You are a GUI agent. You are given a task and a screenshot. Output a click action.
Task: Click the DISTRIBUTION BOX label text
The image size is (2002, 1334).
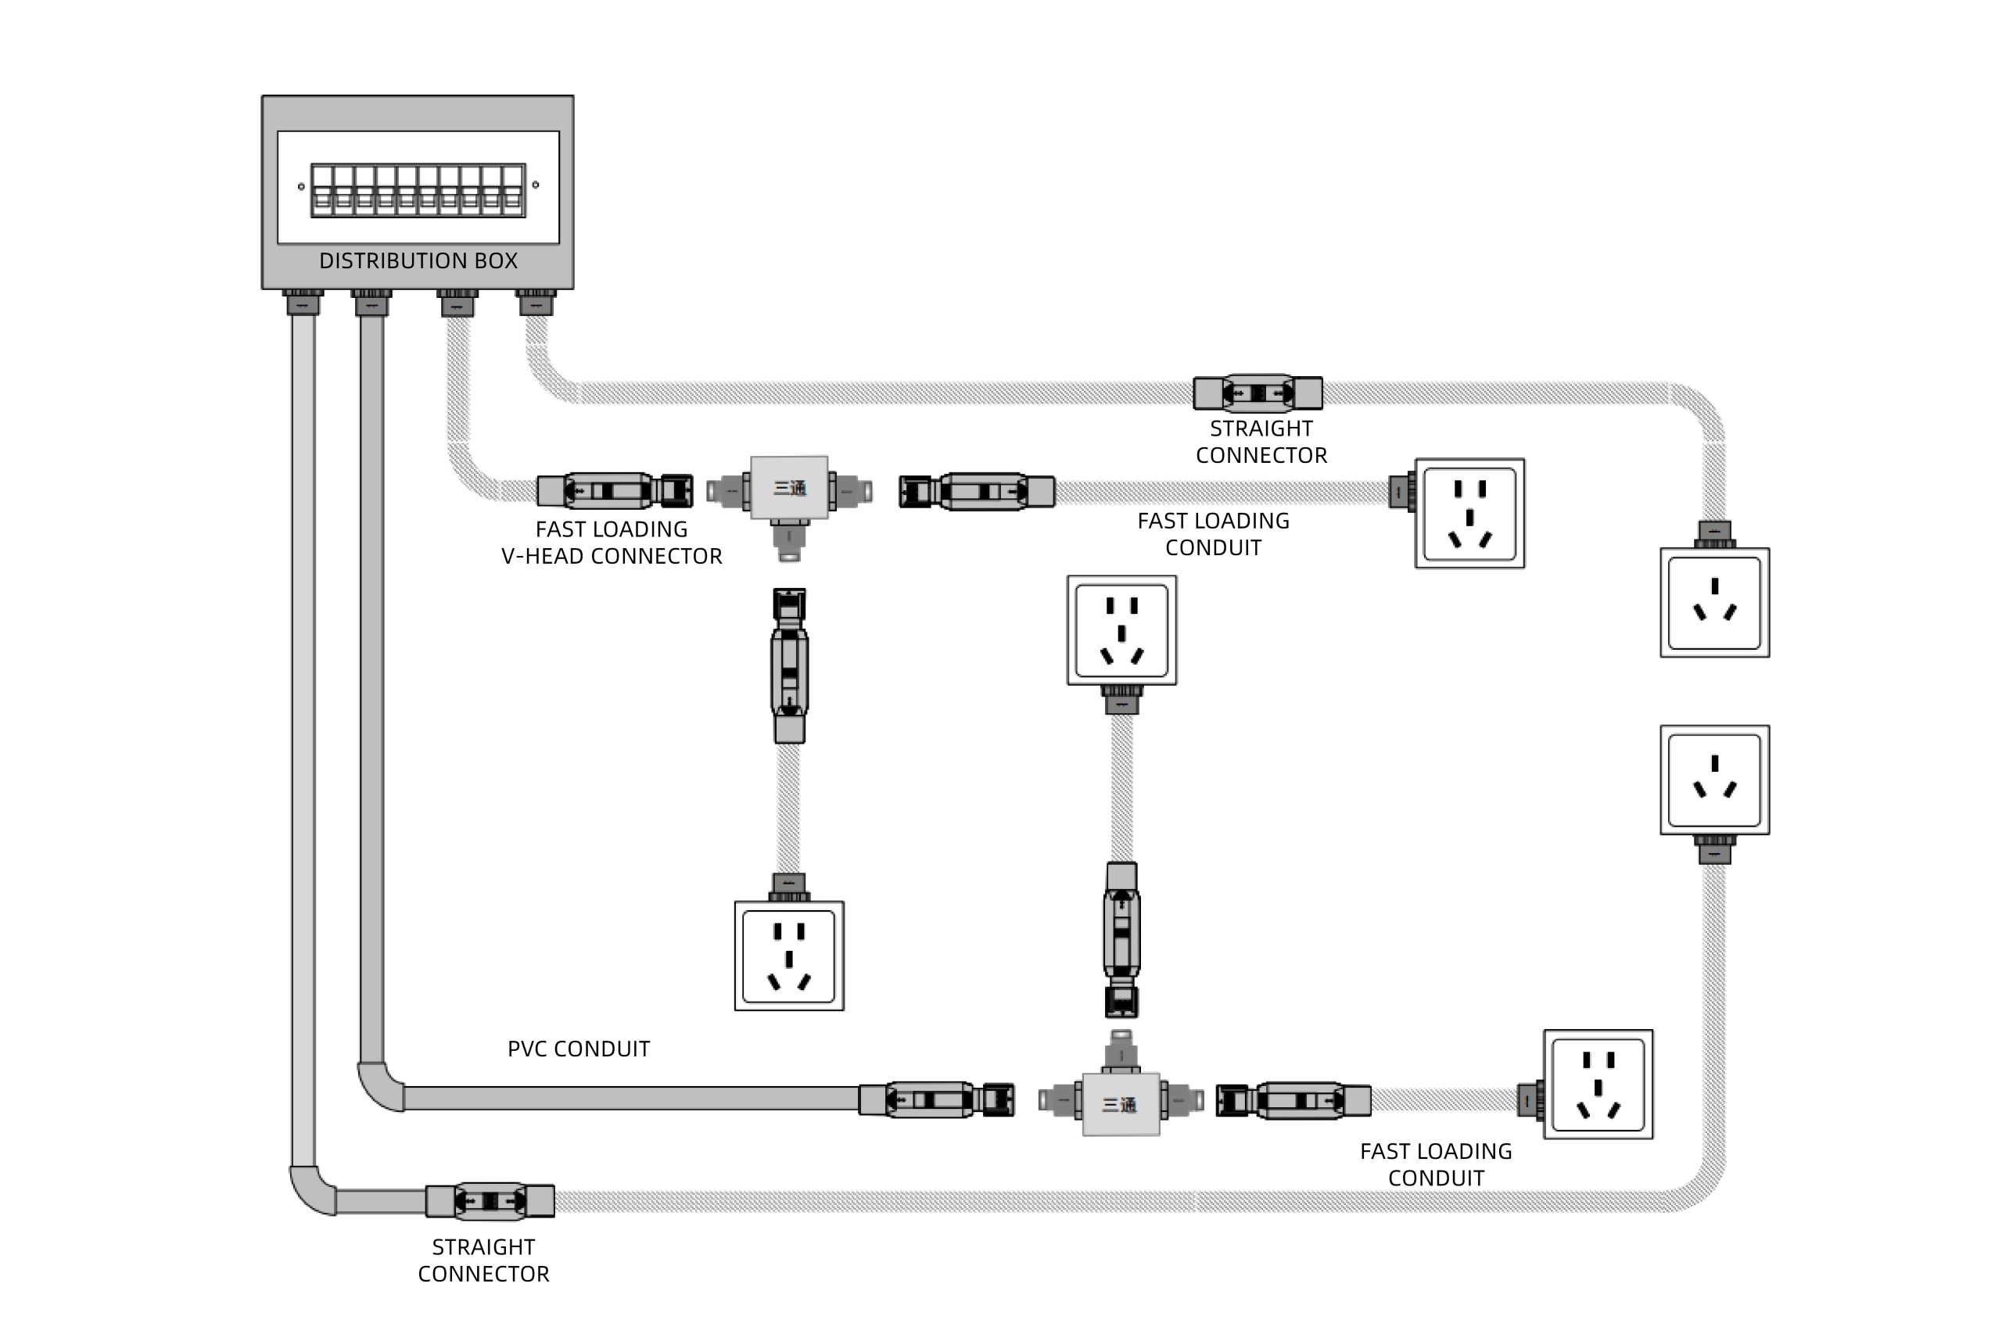coord(418,260)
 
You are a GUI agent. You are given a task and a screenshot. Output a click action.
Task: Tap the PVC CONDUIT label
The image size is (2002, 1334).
coord(579,1048)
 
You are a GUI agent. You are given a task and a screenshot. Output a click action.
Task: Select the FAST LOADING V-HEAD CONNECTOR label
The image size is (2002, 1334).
coord(611,542)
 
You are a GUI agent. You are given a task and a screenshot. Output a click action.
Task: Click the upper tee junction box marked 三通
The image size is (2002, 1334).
coord(789,487)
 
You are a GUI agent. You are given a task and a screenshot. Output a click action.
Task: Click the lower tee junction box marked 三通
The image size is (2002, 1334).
coord(1120,1103)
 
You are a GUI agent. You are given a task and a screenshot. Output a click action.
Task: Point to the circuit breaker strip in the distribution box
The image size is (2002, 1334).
coord(418,190)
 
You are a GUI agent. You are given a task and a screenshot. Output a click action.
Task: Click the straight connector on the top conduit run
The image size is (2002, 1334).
coord(1258,393)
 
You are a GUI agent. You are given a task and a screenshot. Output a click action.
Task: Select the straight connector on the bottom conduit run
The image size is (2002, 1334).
coord(490,1200)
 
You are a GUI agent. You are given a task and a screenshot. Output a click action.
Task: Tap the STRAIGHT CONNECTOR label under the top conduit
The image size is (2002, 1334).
coord(1261,442)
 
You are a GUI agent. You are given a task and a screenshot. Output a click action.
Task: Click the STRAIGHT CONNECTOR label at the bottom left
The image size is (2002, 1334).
coord(483,1259)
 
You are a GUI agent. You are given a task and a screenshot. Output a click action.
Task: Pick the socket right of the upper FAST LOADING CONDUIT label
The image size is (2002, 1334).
coord(1469,513)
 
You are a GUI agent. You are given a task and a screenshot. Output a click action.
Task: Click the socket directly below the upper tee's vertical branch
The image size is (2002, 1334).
coord(789,956)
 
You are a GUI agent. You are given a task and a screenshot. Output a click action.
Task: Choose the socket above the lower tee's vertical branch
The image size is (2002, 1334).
coord(1121,629)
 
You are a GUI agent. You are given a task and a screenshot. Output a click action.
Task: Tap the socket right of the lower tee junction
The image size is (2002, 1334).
coord(1598,1084)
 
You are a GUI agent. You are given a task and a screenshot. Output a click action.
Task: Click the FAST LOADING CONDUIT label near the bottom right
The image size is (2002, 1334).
coord(1435,1164)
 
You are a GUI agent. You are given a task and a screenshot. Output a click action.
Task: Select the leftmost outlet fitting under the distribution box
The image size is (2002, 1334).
coord(303,302)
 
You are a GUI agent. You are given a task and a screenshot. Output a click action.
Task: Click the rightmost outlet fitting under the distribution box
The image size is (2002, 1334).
coord(535,302)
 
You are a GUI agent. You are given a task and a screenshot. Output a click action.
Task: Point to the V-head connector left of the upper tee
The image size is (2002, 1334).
coord(615,491)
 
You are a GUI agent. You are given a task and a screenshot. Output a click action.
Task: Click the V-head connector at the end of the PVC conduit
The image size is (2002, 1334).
coord(936,1099)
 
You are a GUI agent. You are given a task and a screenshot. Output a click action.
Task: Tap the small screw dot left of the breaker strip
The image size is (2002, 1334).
coord(301,186)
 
